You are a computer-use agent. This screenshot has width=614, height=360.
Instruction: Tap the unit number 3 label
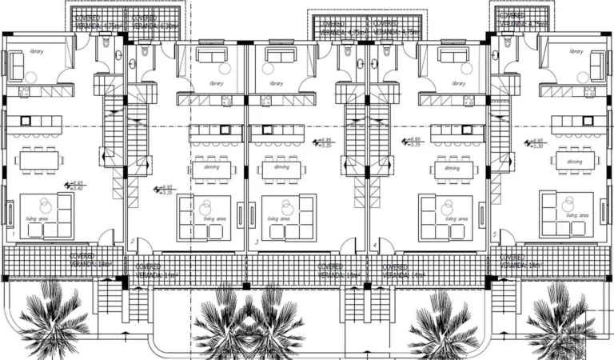256,241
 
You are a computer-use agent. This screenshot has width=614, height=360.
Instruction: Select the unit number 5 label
496,234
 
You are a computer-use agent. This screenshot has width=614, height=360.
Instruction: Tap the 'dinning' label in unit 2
212,167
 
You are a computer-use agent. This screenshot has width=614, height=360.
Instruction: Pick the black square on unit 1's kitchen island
26,122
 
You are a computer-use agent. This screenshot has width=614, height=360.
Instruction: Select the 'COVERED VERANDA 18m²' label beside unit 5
521,260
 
